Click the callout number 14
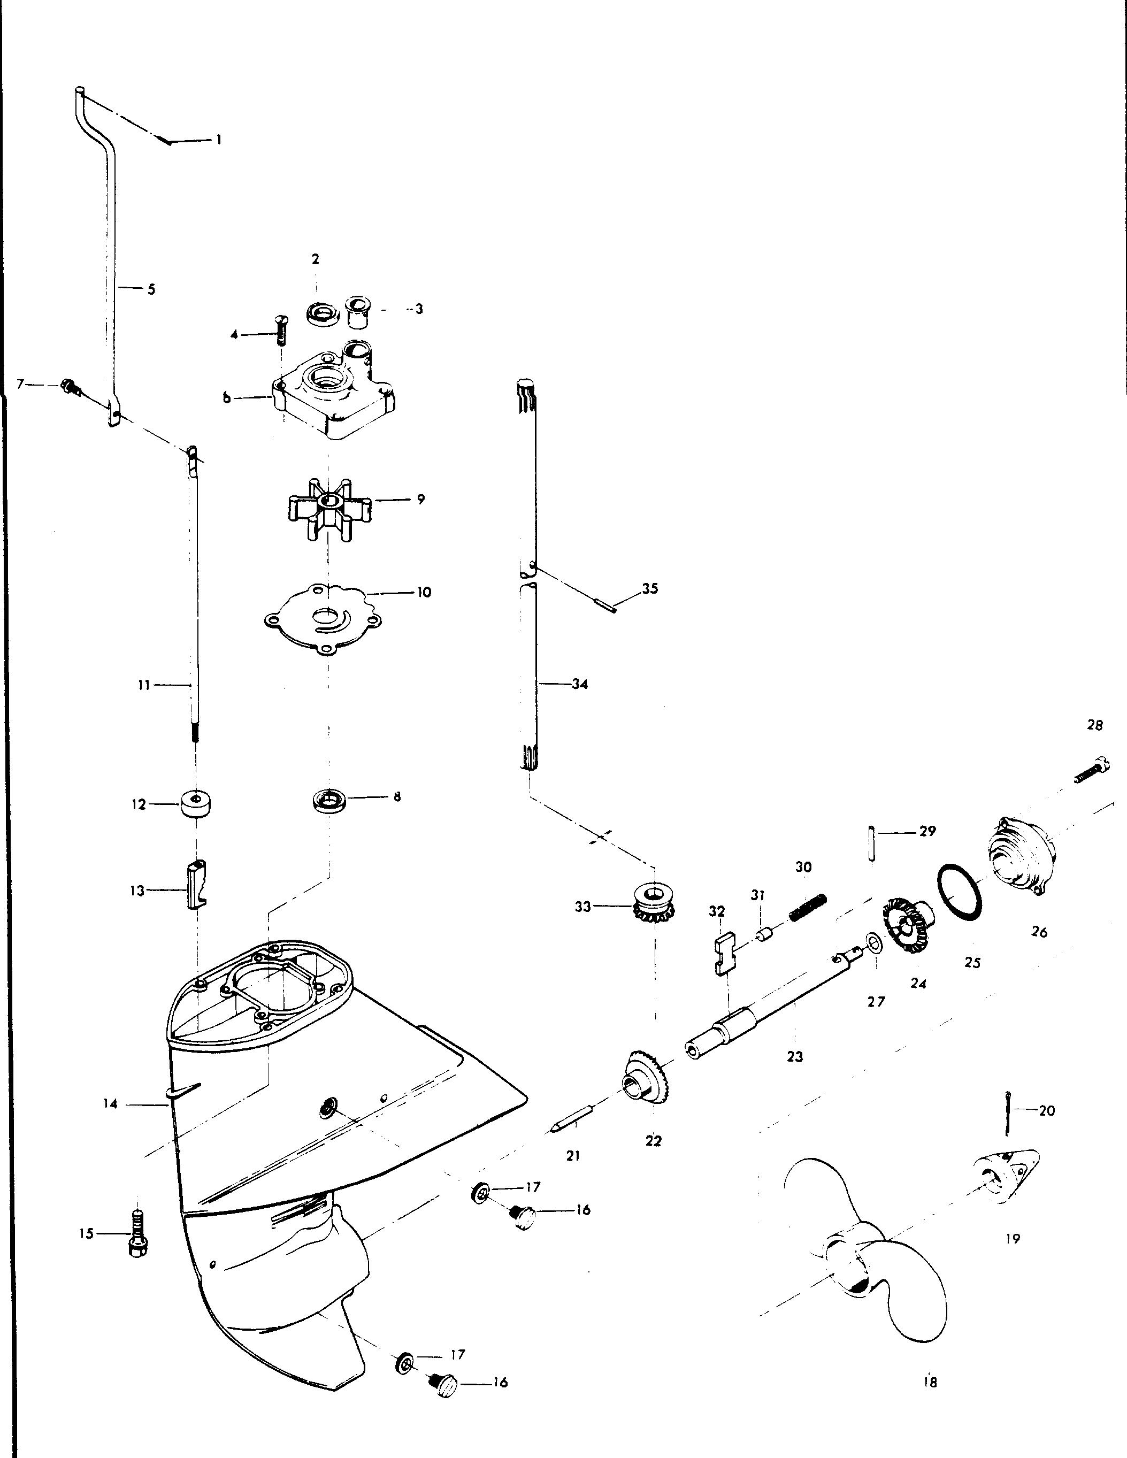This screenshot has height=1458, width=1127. tap(111, 1104)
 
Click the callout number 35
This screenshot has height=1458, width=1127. tap(650, 589)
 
